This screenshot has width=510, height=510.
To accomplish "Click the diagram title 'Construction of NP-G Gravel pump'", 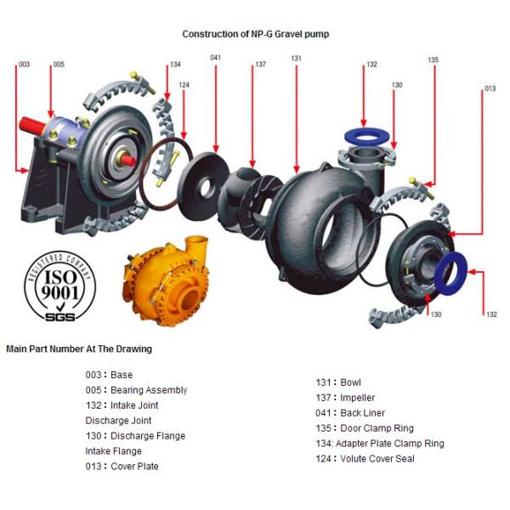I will (x=255, y=34).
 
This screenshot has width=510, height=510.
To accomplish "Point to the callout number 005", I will (x=58, y=65).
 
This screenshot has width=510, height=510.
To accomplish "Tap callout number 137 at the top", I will (x=260, y=65).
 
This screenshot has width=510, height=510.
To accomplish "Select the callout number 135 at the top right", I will (x=433, y=60).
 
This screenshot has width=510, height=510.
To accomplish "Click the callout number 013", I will (x=490, y=89).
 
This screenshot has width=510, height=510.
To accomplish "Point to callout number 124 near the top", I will (x=184, y=85).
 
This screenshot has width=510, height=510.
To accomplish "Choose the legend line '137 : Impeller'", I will (x=345, y=398).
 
